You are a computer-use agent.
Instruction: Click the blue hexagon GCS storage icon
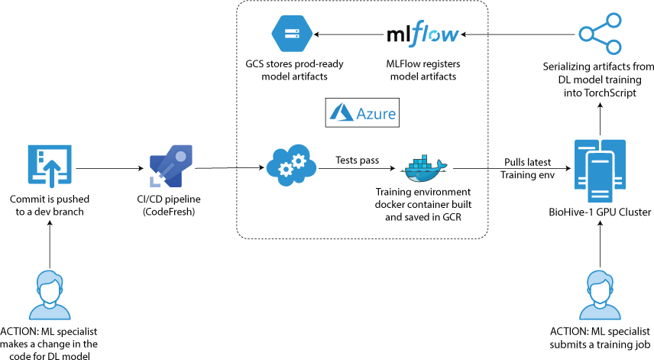(292, 33)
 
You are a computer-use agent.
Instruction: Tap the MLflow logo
(423, 35)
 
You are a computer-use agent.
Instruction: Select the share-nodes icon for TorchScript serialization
(600, 34)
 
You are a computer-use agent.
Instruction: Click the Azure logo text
(363, 113)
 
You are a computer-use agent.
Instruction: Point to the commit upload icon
(50, 166)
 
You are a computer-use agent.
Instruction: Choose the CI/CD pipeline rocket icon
(171, 165)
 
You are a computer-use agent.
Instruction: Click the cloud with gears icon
(291, 164)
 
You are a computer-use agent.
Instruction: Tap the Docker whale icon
(423, 168)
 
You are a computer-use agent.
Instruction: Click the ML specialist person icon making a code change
(50, 295)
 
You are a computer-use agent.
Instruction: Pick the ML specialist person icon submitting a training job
(600, 295)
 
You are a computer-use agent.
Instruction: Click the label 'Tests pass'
(358, 160)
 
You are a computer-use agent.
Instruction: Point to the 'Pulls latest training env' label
(528, 169)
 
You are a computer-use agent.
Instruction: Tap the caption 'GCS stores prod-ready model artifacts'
(292, 70)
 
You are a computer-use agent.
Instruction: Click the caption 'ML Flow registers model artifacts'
(423, 70)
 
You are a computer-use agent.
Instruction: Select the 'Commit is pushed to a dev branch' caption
(50, 205)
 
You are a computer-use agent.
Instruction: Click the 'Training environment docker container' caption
(423, 204)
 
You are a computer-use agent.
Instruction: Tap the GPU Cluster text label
(599, 212)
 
